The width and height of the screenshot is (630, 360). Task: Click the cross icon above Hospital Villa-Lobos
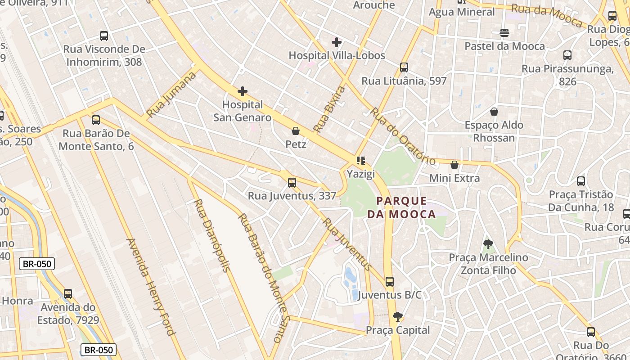336,42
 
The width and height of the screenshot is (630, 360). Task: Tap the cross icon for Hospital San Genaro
243,92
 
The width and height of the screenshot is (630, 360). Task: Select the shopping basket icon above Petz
296,131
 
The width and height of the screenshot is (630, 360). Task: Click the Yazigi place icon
360,161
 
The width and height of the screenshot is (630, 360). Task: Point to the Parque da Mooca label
401,207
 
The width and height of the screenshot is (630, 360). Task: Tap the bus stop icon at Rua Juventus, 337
292,183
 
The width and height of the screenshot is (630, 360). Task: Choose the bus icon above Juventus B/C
390,282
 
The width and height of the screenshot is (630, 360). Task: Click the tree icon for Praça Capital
397,317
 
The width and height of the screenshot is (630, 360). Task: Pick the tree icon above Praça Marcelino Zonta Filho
488,245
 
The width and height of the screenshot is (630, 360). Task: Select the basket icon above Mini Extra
454,165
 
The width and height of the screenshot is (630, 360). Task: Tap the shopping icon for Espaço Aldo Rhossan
494,112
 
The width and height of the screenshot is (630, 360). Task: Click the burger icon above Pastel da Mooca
504,33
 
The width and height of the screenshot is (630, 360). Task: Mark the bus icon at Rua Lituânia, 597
404,68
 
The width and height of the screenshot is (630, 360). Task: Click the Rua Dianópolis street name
211,235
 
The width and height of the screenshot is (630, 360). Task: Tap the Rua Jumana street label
171,94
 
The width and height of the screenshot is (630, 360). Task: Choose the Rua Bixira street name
329,109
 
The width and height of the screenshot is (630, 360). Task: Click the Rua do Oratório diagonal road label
403,136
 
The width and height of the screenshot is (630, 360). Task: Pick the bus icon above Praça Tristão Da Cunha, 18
581,182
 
